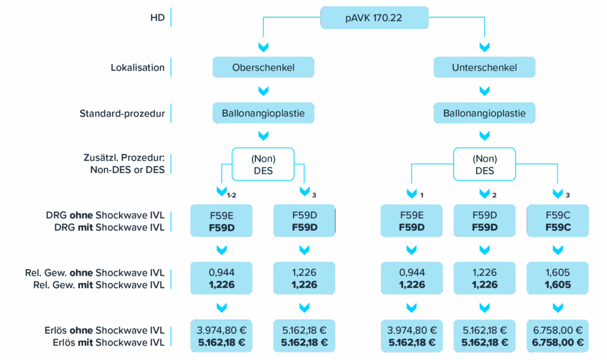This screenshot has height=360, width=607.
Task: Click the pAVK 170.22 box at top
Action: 374,18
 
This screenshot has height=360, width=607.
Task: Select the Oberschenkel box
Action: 263,67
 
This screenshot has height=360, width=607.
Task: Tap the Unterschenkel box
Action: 484,67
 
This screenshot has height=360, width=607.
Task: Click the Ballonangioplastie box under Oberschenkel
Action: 263,113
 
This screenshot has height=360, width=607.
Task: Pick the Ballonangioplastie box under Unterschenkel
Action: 484,113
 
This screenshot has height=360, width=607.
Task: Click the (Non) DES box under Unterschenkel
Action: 484,164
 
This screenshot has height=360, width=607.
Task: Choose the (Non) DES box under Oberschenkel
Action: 263,164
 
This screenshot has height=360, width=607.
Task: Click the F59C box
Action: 558,221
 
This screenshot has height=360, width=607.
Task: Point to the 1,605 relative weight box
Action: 558,279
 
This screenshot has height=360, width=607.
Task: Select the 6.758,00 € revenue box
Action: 558,336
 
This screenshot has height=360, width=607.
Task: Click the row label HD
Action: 157,18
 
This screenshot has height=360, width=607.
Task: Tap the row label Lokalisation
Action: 138,68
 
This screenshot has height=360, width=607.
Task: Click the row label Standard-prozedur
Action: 122,113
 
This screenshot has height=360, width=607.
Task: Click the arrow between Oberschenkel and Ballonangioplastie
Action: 263,90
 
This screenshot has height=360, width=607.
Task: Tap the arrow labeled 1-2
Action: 222,192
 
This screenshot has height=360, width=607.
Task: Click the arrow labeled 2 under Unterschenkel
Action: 484,193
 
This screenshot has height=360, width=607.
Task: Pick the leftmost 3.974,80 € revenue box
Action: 221,336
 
